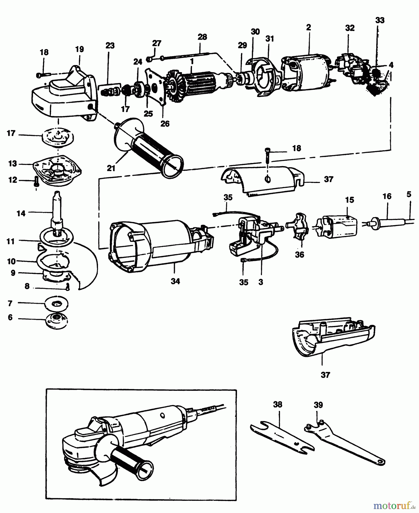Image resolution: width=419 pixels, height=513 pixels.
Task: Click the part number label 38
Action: [x=277, y=405]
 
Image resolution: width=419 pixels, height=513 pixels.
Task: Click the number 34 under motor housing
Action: [x=175, y=281]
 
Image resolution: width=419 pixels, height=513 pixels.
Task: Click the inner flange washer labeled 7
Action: [x=57, y=303]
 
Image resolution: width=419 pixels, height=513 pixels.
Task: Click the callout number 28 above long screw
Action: [x=202, y=37]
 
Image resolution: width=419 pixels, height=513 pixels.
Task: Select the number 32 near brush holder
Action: [x=350, y=28]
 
